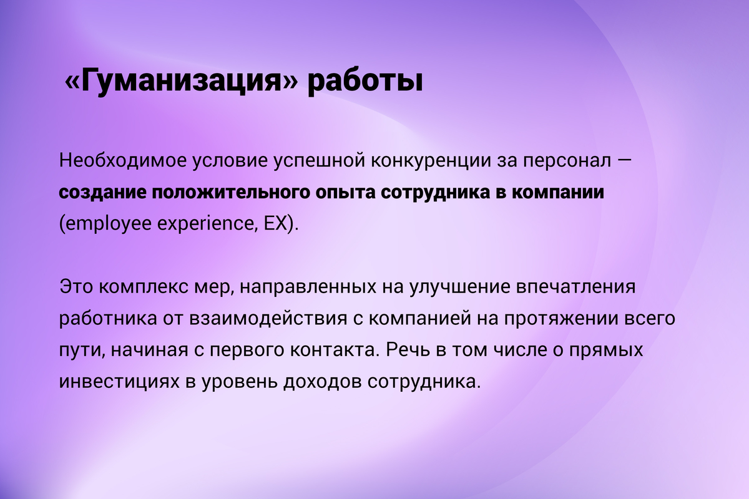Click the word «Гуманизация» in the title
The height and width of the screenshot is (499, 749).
tap(181, 81)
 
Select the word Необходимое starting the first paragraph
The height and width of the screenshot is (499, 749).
tap(123, 160)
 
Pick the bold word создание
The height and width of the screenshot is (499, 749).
tap(102, 193)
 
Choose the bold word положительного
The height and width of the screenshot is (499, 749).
tap(231, 193)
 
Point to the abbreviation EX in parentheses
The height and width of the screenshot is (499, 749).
tap(275, 223)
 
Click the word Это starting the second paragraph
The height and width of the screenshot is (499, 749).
tap(76, 287)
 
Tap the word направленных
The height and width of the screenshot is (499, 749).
tap(308, 288)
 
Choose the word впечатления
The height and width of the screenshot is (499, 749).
tap(575, 288)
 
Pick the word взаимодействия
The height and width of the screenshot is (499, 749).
tap(268, 319)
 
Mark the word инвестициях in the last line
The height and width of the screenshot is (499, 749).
tap(119, 382)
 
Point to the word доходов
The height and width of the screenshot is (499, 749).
tap(322, 382)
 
